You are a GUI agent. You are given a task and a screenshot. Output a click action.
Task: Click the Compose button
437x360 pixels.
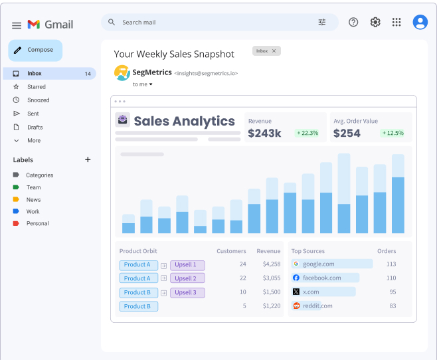click(35, 50)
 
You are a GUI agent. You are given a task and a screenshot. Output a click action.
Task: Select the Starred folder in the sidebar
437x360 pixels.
click(37, 87)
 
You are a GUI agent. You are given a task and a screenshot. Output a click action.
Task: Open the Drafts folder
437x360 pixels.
click(35, 128)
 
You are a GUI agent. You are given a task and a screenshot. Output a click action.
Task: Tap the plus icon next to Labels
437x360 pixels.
click(88, 159)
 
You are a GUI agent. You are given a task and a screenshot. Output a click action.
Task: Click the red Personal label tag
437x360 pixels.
click(16, 223)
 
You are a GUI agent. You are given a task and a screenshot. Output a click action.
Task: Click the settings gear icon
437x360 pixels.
click(375, 22)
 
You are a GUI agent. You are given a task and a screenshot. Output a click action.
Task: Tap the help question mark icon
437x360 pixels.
click(353, 22)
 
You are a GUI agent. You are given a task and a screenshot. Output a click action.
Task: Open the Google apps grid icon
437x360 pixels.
click(396, 22)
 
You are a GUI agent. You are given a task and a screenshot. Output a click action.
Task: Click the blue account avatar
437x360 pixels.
click(420, 22)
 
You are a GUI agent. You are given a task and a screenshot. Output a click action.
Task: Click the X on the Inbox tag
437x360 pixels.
click(274, 50)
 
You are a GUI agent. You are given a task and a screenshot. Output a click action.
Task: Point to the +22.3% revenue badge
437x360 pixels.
click(307, 133)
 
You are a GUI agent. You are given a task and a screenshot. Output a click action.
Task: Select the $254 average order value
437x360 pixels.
click(347, 134)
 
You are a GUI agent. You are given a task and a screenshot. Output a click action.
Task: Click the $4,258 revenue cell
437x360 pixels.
click(272, 264)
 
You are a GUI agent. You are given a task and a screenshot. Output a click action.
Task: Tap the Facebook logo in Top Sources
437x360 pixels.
click(296, 278)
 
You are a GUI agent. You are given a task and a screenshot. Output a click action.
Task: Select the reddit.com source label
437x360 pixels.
click(317, 306)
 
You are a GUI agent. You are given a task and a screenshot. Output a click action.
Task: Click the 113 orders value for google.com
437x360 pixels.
click(391, 264)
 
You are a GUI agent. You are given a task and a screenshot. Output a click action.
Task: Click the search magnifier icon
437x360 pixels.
click(112, 22)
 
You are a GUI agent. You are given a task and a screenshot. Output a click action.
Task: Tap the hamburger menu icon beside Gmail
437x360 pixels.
click(17, 25)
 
